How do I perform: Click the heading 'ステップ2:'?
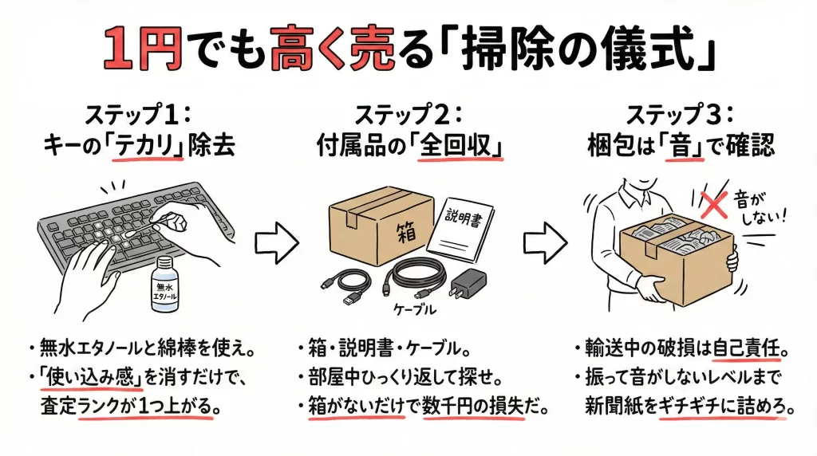[408, 113]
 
